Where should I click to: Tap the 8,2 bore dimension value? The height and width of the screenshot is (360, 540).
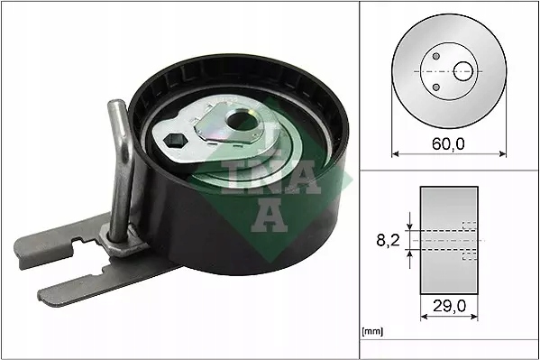389,241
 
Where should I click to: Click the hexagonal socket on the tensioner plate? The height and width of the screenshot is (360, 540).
175,142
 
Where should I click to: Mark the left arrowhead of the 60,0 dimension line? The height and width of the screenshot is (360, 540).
395,154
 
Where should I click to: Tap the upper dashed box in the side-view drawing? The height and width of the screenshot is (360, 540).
469,226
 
